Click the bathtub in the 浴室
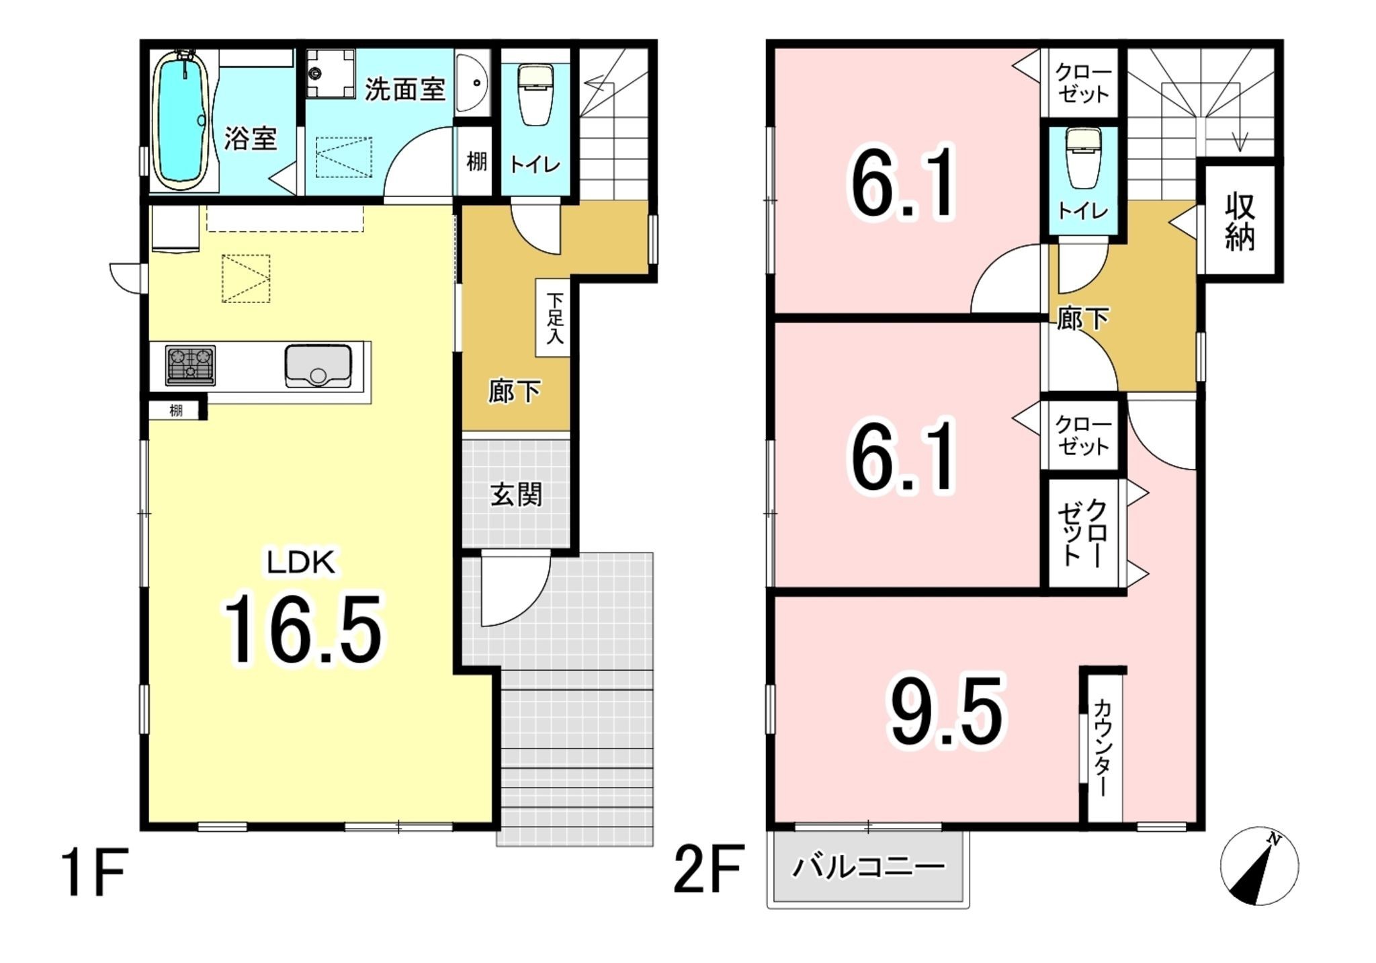click(180, 121)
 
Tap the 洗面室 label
click(404, 89)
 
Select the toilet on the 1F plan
click(535, 94)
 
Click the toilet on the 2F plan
click(1084, 159)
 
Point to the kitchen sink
click(318, 366)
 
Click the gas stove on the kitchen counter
click(191, 365)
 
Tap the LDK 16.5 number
click(303, 630)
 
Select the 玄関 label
click(515, 495)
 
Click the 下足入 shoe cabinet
click(554, 317)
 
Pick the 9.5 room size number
click(946, 713)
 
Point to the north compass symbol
click(1258, 866)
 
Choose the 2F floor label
click(708, 870)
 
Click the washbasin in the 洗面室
click(472, 83)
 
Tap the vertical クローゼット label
click(1082, 532)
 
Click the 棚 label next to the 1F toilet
click(476, 162)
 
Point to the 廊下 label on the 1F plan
click(514, 391)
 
